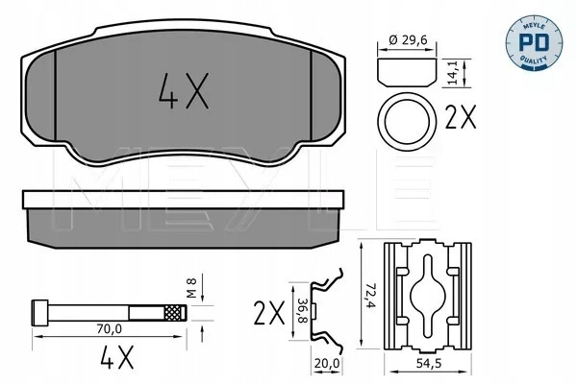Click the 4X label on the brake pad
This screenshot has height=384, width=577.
[x=184, y=91]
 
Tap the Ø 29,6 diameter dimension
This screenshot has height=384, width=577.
[x=408, y=39]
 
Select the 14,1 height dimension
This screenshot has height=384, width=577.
[x=452, y=73]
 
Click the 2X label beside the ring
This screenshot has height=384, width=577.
[x=461, y=117]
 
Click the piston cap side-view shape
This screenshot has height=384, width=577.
[x=407, y=72]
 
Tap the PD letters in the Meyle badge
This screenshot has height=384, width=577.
[x=534, y=42]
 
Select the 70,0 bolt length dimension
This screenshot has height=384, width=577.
[x=109, y=329]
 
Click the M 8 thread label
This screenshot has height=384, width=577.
[x=192, y=288]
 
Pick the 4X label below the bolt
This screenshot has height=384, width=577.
[x=117, y=357]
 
